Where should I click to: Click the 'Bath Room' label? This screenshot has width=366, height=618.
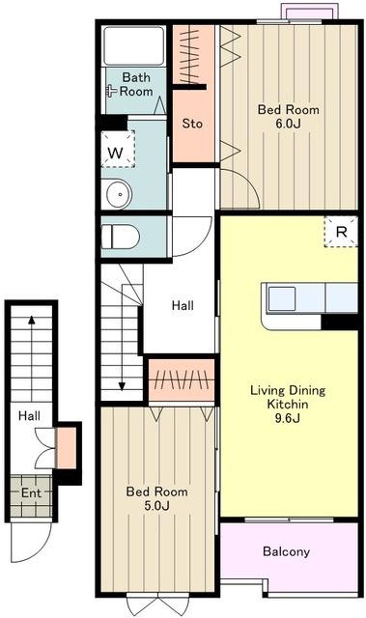click(x=136, y=84)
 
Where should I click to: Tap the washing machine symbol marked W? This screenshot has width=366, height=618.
click(x=118, y=150)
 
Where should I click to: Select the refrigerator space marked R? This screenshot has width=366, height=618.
click(x=341, y=232)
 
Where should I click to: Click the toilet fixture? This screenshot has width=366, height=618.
click(x=121, y=237)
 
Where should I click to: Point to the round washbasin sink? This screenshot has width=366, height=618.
click(x=119, y=194)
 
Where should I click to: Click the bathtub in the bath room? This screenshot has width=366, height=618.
click(x=133, y=45)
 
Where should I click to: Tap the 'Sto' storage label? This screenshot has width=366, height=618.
click(x=192, y=124)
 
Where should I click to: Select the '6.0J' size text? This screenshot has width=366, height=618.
click(x=288, y=124)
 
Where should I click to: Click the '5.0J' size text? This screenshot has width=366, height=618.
click(x=156, y=506)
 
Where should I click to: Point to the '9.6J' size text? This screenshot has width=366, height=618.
click(x=287, y=418)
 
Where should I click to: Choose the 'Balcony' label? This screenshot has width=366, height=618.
click(x=286, y=551)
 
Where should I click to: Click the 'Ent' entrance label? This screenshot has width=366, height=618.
click(x=31, y=493)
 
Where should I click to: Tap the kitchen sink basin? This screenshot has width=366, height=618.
click(x=281, y=299)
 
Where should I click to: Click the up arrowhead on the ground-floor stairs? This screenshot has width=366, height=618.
click(x=32, y=320)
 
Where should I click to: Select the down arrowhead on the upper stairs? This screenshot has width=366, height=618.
click(x=122, y=386)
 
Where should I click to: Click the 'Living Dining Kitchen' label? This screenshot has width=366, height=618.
click(x=288, y=397)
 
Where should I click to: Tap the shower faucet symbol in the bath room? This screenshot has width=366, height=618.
click(x=111, y=92)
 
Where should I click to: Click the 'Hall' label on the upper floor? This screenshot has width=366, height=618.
click(x=183, y=305)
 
